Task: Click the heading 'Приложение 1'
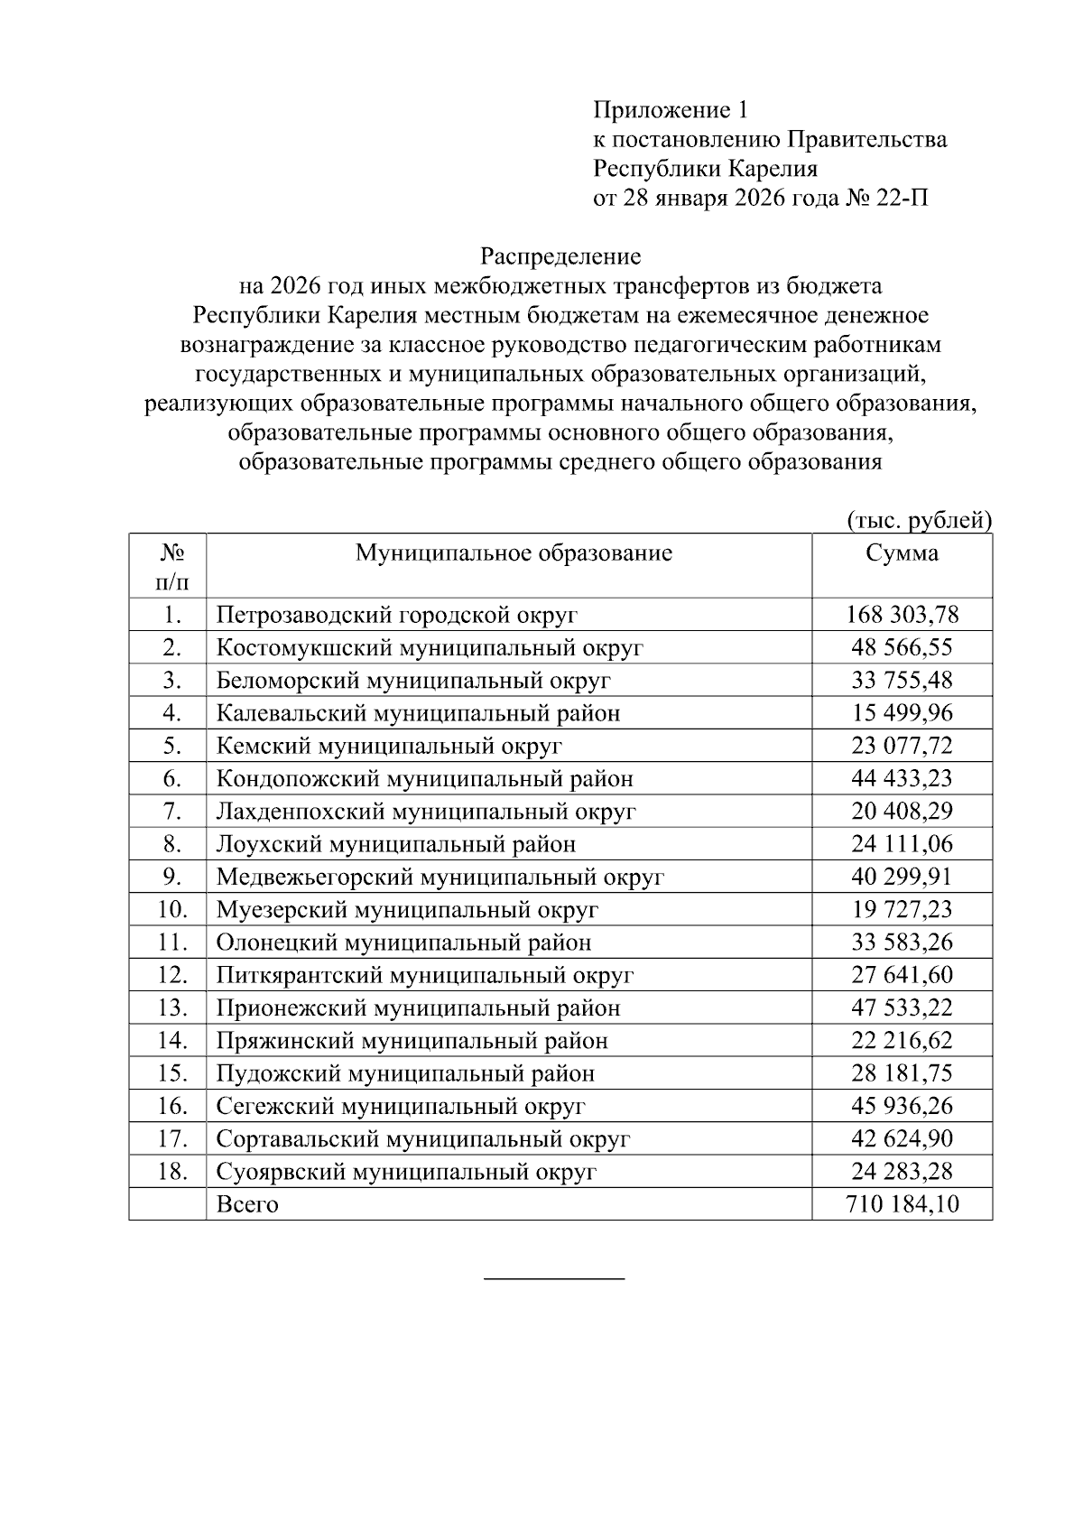(x=671, y=111)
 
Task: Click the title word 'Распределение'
(x=560, y=257)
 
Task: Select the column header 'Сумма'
(x=902, y=553)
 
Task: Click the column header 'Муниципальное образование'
(x=514, y=553)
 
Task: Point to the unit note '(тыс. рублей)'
(x=919, y=521)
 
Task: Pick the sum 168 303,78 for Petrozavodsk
(x=902, y=616)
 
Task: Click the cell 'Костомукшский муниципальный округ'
(x=430, y=648)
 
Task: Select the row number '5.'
(x=173, y=747)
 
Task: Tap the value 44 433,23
(x=902, y=779)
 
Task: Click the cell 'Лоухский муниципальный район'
(x=396, y=845)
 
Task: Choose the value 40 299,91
(x=902, y=877)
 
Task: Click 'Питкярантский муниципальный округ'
(x=424, y=976)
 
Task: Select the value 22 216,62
(x=902, y=1041)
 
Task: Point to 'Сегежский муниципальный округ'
(x=401, y=1107)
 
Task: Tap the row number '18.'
(x=171, y=1172)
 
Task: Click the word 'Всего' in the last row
(x=247, y=1205)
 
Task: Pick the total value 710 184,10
(x=902, y=1205)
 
